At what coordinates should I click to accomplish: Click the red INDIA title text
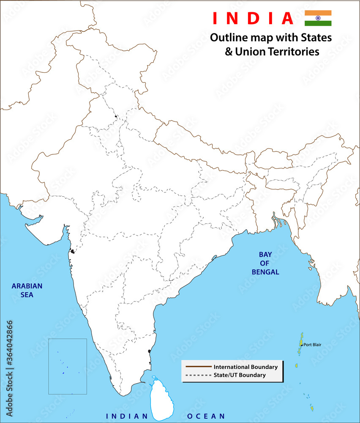click(253, 18)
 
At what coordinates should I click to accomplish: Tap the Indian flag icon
click(318, 18)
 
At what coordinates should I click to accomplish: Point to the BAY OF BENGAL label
click(265, 263)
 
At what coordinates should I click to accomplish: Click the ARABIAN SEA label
click(27, 290)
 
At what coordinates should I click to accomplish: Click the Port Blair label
click(312, 345)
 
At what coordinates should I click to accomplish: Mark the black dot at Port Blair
click(301, 345)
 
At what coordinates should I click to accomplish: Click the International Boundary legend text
click(245, 367)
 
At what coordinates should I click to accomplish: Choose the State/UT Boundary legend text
click(240, 375)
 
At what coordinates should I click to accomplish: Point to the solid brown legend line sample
click(198, 367)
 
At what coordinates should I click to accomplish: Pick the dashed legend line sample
click(198, 375)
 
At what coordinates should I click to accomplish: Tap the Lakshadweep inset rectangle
click(68, 366)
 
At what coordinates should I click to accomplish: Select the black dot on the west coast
click(73, 252)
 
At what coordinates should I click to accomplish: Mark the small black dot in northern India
click(115, 116)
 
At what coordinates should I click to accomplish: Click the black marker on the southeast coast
click(150, 351)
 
